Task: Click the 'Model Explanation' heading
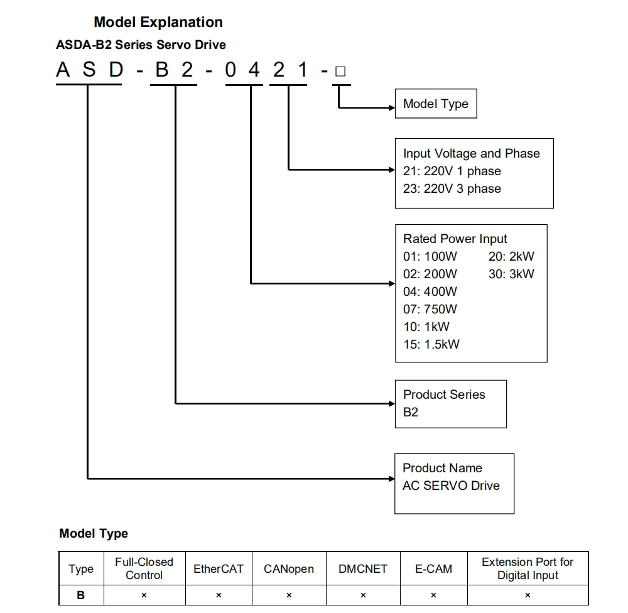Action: coord(158,22)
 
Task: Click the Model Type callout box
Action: coord(435,104)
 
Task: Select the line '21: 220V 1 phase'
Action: coord(452,171)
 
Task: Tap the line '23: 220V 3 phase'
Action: coord(452,188)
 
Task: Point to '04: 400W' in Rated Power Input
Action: coord(430,291)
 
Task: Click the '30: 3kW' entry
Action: coord(511,274)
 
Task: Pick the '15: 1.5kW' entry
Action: coord(431,344)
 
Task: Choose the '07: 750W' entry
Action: coord(430,309)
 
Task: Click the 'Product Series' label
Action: coord(444,394)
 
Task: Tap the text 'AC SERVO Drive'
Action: coord(451,486)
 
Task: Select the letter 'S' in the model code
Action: coord(89,70)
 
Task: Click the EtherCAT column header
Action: coord(218,569)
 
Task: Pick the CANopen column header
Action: coord(288,569)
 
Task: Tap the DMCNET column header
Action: coord(362,569)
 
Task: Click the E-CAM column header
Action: coord(433,569)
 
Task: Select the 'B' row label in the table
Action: coord(81,595)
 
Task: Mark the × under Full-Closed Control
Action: coord(144,595)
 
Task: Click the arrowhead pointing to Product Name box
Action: coord(391,479)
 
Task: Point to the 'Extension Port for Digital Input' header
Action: coord(528,568)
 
